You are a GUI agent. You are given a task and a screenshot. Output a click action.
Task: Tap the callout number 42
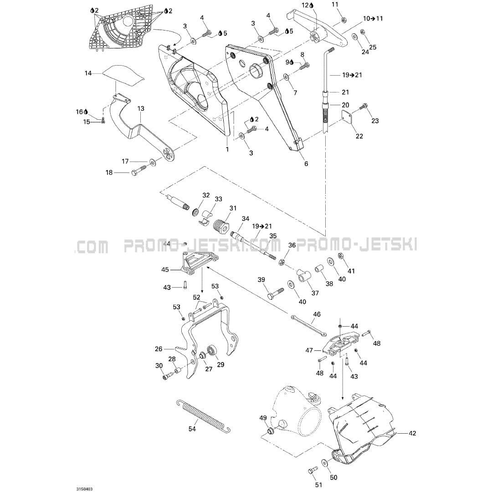coord(412,433)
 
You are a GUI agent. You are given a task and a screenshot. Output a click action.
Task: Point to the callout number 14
coord(88,73)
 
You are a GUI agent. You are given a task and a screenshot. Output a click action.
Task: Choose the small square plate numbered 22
coord(349,116)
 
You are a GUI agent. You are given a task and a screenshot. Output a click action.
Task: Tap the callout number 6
coord(306,164)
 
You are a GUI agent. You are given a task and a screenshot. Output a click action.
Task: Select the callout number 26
coord(158,349)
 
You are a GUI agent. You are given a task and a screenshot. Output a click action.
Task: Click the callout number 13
coord(141,108)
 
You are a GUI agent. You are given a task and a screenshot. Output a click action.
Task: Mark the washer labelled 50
coord(324,462)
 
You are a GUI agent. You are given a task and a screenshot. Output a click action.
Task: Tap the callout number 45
coord(165,270)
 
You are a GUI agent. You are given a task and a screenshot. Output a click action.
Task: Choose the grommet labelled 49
coord(269,430)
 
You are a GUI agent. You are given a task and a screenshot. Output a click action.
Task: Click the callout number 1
coord(226,149)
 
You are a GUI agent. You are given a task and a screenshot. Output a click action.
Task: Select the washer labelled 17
coord(152,161)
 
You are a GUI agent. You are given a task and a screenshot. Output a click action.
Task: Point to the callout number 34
coord(246,219)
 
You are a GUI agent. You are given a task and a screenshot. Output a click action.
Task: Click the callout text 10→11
coord(373,19)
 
